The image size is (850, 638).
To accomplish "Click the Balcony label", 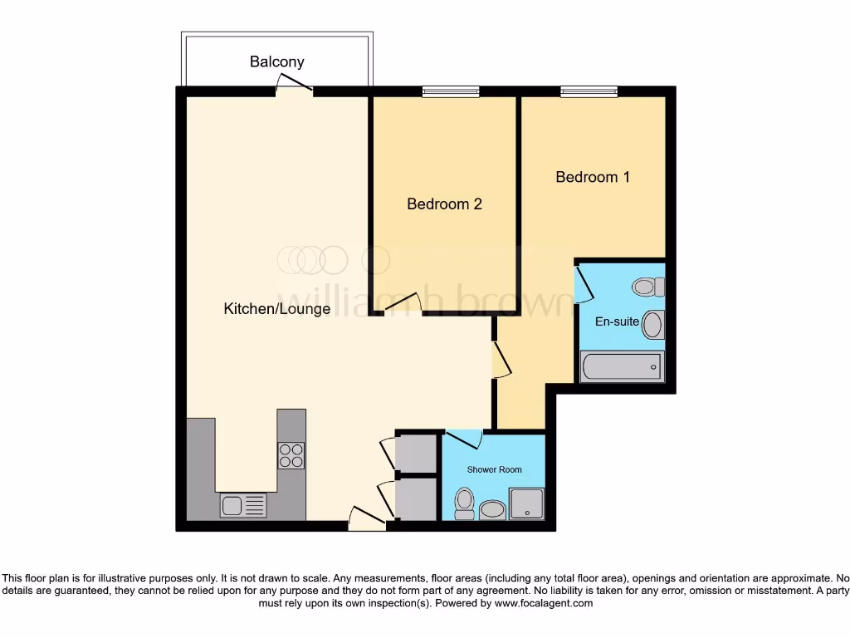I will click(277, 61).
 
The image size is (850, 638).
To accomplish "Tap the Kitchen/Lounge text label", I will click(277, 309).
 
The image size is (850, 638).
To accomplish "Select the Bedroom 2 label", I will click(444, 204).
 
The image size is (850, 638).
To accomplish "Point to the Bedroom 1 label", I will click(593, 177).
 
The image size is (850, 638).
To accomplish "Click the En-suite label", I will click(617, 321).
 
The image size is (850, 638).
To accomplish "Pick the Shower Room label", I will click(495, 469).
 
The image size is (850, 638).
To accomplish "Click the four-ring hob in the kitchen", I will click(291, 455).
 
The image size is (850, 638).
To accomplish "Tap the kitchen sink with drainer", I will click(242, 505).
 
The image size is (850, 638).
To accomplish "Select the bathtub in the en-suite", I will click(621, 366).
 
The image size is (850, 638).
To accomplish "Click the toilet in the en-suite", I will click(648, 287).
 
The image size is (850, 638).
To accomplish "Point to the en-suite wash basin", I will click(652, 325).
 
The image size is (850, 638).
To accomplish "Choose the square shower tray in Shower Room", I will click(526, 503).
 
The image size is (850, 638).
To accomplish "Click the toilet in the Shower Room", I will click(464, 503).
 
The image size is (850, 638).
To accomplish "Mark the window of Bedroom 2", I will click(450, 91).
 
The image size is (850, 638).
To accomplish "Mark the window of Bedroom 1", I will click(589, 91).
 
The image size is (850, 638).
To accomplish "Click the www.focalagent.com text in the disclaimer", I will click(543, 603).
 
